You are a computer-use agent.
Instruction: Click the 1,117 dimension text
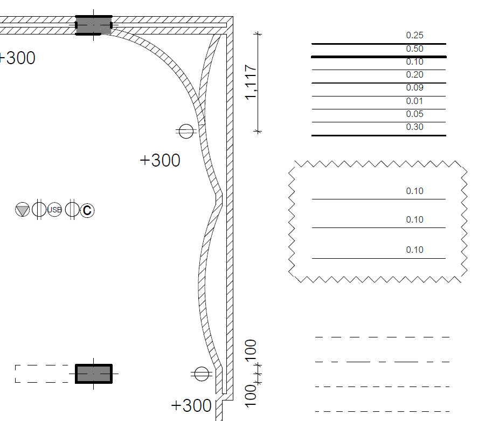(x=251, y=82)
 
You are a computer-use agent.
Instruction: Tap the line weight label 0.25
(x=414, y=35)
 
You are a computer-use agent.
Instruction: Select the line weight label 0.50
(x=414, y=49)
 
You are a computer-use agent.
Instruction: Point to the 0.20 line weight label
(x=414, y=74)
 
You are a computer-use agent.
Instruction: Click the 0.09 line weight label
(x=414, y=87)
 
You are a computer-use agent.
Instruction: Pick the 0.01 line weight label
(x=414, y=101)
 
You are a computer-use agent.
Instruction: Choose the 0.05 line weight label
(x=414, y=114)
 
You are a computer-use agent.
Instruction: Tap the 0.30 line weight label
(x=414, y=127)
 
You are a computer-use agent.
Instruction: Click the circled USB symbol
(x=54, y=210)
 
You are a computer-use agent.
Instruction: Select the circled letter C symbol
(x=87, y=210)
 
